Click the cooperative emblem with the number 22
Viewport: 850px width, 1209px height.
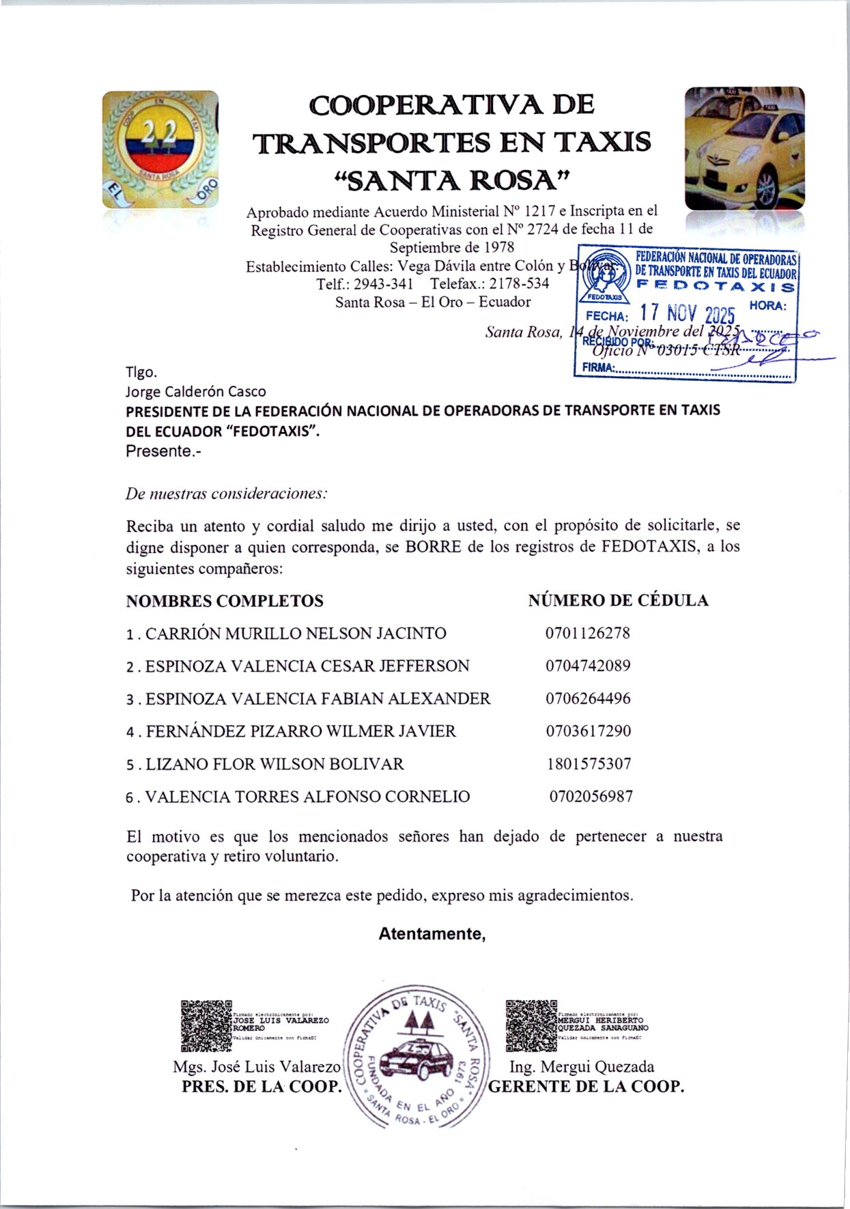pyautogui.click(x=160, y=149)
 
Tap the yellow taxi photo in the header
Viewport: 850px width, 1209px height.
pyautogui.click(x=744, y=149)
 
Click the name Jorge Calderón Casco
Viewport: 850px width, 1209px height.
pyautogui.click(x=196, y=391)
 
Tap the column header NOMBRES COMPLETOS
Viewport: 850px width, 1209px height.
pyautogui.click(x=225, y=601)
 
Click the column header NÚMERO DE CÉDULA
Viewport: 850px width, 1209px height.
pyautogui.click(x=618, y=601)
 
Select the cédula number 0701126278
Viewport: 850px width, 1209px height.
pyautogui.click(x=587, y=633)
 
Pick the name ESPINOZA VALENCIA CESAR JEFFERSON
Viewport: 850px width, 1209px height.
pyautogui.click(x=307, y=666)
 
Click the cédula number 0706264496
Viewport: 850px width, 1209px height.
pyautogui.click(x=587, y=698)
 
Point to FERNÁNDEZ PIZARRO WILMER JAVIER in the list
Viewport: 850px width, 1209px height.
pyautogui.click(x=300, y=731)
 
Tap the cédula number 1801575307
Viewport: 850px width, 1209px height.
pyautogui.click(x=588, y=764)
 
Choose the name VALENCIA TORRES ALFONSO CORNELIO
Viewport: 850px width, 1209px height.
pyautogui.click(x=307, y=797)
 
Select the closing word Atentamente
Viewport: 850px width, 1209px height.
pyautogui.click(x=431, y=933)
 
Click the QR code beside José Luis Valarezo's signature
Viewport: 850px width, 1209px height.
pyautogui.click(x=206, y=1025)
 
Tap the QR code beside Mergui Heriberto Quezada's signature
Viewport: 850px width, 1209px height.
pyautogui.click(x=531, y=1025)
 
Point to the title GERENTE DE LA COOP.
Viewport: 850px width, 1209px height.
pyautogui.click(x=586, y=1087)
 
